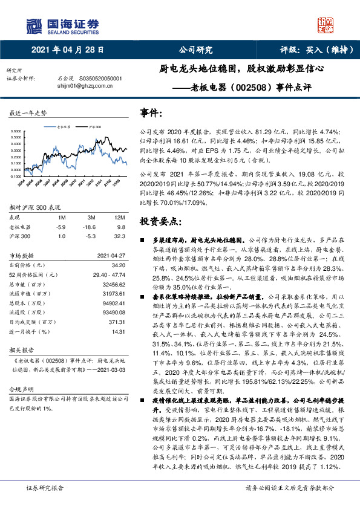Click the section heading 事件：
(151, 113)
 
